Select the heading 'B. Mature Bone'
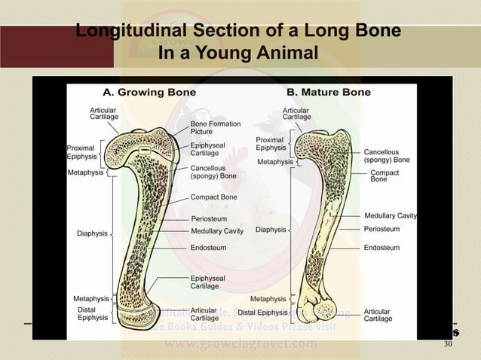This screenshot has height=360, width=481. pos(328,93)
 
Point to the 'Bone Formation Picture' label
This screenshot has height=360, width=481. pos(215,127)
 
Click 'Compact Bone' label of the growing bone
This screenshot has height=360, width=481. pos(213,197)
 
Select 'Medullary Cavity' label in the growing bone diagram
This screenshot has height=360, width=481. pos(217,231)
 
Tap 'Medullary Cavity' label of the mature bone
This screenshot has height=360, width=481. pos(391,215)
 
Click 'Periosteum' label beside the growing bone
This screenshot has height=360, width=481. pos(210,219)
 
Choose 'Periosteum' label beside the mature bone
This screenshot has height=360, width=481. pos(381,228)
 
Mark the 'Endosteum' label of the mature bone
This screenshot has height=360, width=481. pos(381,247)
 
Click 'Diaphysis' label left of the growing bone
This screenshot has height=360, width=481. pos(92,233)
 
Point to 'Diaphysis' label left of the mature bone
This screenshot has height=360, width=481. pos(271,230)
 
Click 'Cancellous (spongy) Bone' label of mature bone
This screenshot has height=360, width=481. pos(387,156)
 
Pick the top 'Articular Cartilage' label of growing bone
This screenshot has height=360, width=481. pos(103,114)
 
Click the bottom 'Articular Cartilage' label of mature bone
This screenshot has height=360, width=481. pos(377,315)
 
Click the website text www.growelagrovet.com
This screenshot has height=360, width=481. pos(240,346)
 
